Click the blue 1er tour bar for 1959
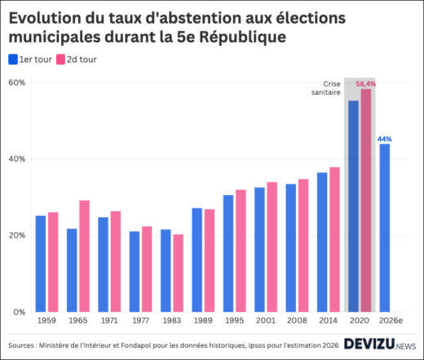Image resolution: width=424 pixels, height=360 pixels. pos(41,264)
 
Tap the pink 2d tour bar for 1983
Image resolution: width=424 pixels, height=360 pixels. pos(178,273)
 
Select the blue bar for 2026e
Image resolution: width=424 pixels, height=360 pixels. pos(384,228)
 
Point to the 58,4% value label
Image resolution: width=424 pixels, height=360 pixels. pos(366,83)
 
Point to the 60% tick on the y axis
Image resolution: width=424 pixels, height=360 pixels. pos(18,82)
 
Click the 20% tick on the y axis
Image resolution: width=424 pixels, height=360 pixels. pos(18,235)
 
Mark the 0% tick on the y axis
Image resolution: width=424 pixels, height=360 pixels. pos(20,312)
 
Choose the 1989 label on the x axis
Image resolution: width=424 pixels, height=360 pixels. pos(203,321)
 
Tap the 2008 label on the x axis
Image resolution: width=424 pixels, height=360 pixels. pos(297,321)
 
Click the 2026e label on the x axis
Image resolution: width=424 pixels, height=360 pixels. pos(391,321)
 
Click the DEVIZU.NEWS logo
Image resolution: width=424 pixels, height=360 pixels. pos(379,344)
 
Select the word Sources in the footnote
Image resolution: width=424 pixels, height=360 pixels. pos(26,344)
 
